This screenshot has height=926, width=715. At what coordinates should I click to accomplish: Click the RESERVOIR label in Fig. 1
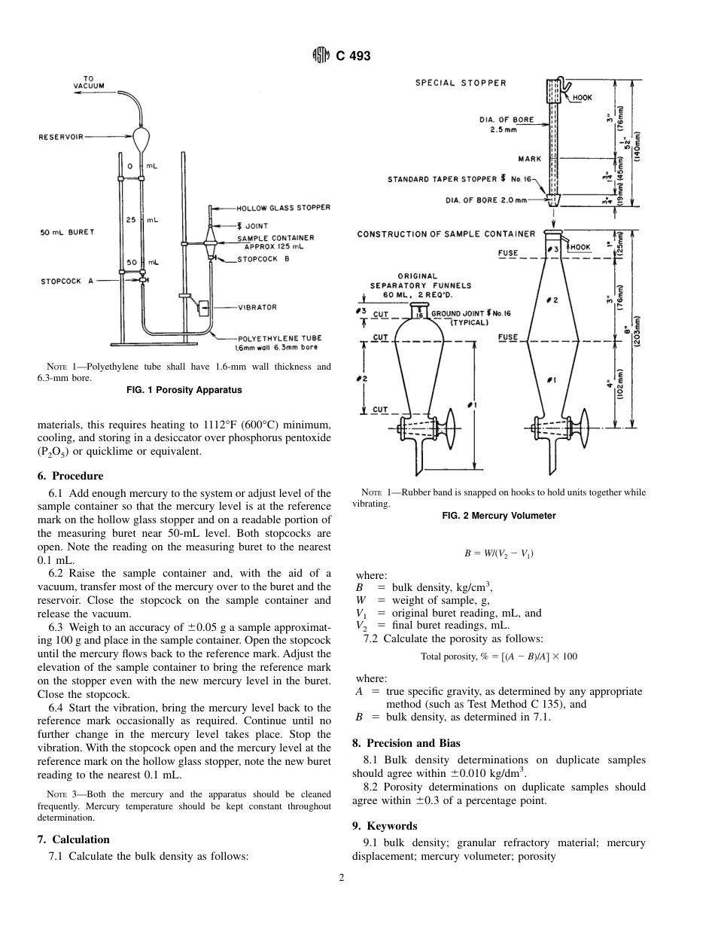[x=61, y=137]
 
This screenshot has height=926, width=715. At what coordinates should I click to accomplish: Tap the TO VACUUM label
[x=89, y=82]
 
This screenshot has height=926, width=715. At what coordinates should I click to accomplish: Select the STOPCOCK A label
[x=67, y=281]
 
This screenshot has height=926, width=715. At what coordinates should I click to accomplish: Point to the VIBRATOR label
[x=257, y=307]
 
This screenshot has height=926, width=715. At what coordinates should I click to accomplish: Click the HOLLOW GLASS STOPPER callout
[x=283, y=208]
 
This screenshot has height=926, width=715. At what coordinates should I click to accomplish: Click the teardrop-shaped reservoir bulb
[x=141, y=139]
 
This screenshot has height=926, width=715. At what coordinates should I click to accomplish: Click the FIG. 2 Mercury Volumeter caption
[x=498, y=516]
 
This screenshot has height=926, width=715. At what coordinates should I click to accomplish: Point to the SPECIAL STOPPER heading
[x=461, y=83]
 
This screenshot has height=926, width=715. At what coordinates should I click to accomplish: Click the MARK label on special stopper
[x=529, y=159]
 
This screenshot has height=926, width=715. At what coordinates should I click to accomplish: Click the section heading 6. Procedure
[x=70, y=476]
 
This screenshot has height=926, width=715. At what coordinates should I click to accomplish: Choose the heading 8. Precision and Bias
[x=406, y=743]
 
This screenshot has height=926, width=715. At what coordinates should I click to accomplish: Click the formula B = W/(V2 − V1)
[x=499, y=553]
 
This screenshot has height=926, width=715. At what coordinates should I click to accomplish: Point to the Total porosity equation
[x=499, y=656]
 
